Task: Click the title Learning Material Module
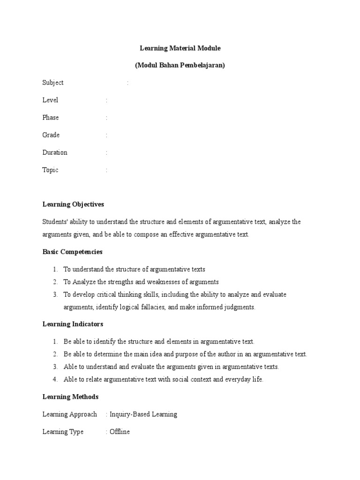tap(180, 48)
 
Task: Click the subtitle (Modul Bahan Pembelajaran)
tap(180, 65)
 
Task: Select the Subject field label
tap(53, 83)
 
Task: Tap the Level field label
tap(50, 100)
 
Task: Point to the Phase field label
tap(51, 118)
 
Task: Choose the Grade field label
tap(51, 135)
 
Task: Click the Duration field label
tap(55, 152)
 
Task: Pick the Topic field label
tap(50, 170)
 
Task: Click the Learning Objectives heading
tap(73, 204)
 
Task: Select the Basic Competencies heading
tap(72, 252)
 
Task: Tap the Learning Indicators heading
tap(73, 324)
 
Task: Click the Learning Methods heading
tap(70, 397)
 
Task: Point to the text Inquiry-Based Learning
tap(143, 414)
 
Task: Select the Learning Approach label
tap(70, 414)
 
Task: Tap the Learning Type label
tap(63, 432)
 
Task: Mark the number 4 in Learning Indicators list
tap(55, 379)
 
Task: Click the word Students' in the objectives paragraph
tap(55, 222)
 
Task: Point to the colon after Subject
tap(127, 83)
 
